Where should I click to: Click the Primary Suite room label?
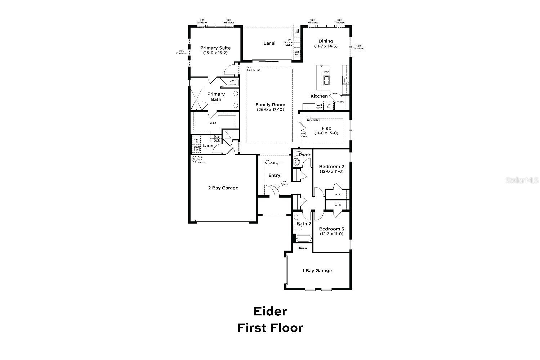[x=215, y=48]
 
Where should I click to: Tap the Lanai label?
[x=269, y=43]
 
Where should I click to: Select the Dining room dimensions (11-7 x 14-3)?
[x=326, y=46]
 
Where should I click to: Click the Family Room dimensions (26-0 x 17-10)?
[x=270, y=109]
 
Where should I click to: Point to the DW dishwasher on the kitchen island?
[x=326, y=72]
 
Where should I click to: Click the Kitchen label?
[x=319, y=96]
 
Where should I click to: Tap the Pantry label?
[x=340, y=102]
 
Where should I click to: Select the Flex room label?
[x=326, y=128]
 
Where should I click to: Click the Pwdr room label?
[x=305, y=155]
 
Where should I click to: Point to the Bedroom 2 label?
[x=331, y=167]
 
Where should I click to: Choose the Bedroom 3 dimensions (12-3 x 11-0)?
[x=331, y=234]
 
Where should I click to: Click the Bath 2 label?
[x=304, y=224]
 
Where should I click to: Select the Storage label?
[x=303, y=248]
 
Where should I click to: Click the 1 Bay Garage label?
[x=317, y=271]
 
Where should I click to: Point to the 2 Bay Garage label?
[x=223, y=188]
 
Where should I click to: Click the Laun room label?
[x=208, y=146]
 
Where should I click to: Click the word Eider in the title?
[x=270, y=311]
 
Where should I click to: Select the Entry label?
[x=274, y=175]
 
